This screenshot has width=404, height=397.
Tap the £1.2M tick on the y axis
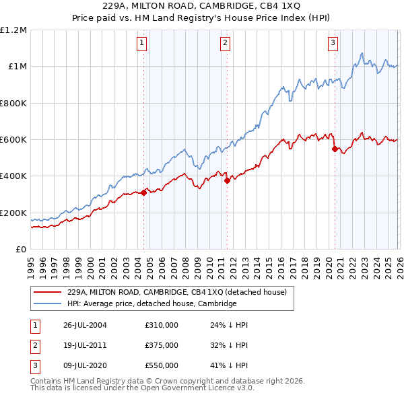(x=13, y=30)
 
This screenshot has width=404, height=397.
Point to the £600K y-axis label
(x=13, y=140)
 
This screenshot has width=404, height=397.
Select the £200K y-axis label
(x=13, y=213)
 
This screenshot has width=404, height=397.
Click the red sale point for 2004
(x=143, y=193)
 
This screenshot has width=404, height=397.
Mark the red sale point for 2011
(x=227, y=180)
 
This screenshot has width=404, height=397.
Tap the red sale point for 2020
(x=335, y=149)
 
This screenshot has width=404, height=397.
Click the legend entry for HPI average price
(x=152, y=303)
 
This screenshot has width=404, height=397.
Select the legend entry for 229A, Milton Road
(x=177, y=292)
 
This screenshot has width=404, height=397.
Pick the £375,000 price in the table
(x=162, y=345)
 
